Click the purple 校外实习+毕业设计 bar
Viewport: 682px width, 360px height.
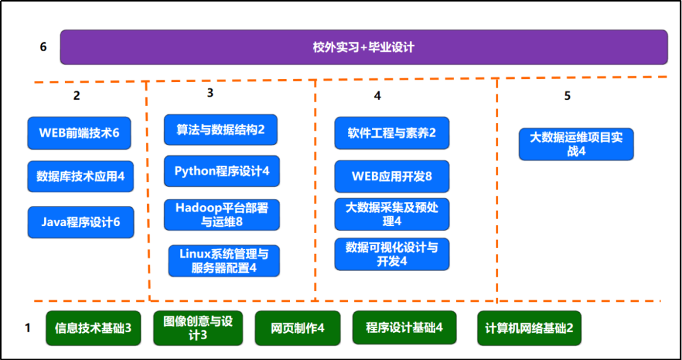364,47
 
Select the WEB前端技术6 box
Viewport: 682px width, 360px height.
79,133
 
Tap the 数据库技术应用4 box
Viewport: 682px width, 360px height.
80,176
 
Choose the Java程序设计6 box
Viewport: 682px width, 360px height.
81,222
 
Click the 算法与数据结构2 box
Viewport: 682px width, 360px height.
220,129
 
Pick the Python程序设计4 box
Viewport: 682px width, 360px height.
222,171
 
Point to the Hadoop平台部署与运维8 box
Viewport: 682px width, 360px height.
222,215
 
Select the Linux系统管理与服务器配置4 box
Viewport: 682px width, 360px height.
224,261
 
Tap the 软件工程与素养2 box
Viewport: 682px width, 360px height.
392,133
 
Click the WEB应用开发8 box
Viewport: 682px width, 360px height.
392,176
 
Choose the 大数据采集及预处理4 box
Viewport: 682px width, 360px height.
392,214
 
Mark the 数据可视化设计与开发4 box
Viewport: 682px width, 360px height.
392,255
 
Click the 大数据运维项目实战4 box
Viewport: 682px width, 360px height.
577,144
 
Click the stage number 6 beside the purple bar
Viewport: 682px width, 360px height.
43,47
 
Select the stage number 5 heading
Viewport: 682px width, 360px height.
567,96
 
